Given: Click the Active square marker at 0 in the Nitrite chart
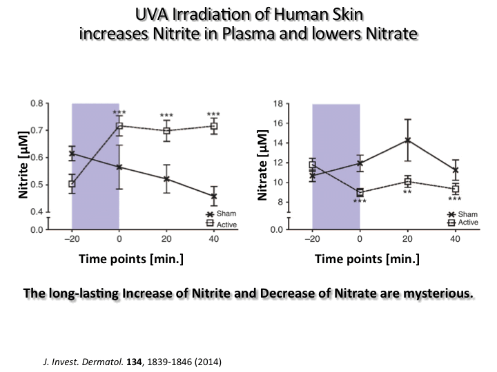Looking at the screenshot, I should point(119,126).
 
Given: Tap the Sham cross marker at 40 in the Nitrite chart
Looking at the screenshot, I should point(213,196).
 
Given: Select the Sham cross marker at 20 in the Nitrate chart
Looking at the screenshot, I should point(407,141).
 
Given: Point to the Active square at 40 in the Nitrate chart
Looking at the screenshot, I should point(456,189).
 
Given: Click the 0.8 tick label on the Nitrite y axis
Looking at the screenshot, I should point(40,103).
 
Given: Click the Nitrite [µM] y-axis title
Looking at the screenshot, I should point(24,165).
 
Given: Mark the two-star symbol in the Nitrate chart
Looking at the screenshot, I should point(407,192).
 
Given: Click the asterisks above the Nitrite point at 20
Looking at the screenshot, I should point(166,116).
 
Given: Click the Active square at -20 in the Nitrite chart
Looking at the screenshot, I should point(72,184).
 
